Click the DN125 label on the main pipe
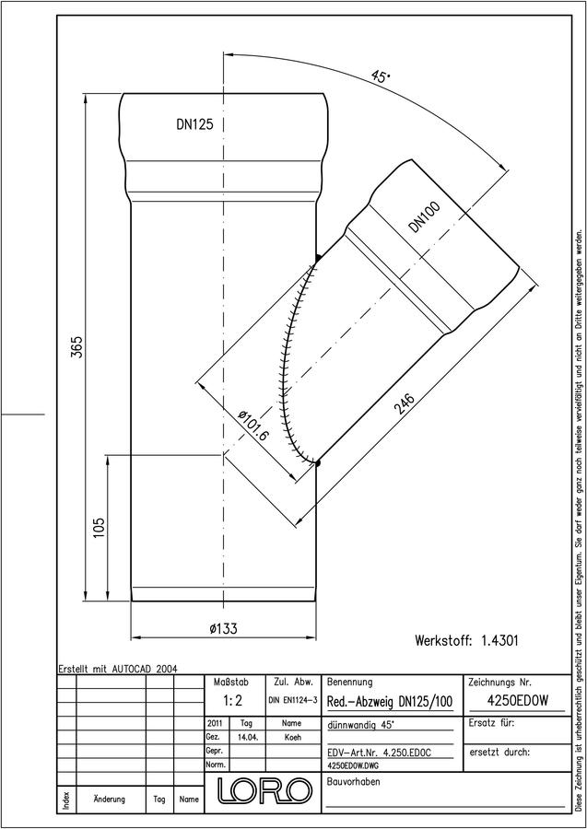(x=194, y=124)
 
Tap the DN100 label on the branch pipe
(x=425, y=217)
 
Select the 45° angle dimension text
(x=381, y=76)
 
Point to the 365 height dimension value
(x=77, y=347)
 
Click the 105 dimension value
(x=99, y=528)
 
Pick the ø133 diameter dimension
(x=223, y=628)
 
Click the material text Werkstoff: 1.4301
(x=466, y=641)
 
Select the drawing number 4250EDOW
(x=517, y=701)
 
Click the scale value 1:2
(x=233, y=701)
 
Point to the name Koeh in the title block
(x=292, y=738)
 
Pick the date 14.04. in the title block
(x=249, y=738)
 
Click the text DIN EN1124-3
(x=293, y=701)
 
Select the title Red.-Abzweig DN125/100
(x=391, y=702)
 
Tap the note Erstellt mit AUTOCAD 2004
(x=118, y=669)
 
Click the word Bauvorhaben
(x=354, y=781)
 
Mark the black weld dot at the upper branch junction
(x=317, y=258)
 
